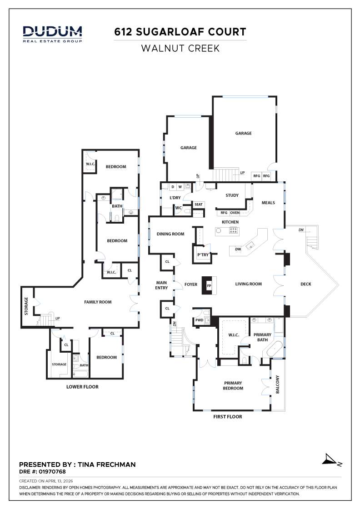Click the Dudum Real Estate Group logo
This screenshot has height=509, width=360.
pyautogui.click(x=52, y=34)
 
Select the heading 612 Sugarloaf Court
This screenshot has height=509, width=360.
pyautogui.click(x=180, y=32)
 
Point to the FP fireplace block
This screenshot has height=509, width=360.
pyautogui.click(x=209, y=285)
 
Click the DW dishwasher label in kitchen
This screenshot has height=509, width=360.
pyautogui.click(x=238, y=249)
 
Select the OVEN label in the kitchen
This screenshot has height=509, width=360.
pyautogui.click(x=235, y=213)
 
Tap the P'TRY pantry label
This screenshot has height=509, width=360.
pyautogui.click(x=203, y=255)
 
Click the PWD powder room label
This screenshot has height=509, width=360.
pyautogui.click(x=199, y=320)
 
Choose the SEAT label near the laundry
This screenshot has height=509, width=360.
pyautogui.click(x=199, y=205)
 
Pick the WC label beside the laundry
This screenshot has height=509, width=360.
pyautogui.click(x=179, y=208)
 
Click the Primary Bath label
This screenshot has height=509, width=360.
pyautogui.click(x=262, y=337)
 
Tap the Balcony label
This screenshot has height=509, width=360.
pyautogui.click(x=277, y=384)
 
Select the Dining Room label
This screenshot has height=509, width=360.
pyautogui.click(x=170, y=234)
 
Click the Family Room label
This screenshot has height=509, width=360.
pyautogui.click(x=98, y=302)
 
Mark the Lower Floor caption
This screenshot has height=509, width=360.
pyautogui.click(x=82, y=387)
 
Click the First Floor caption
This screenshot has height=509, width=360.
pyautogui.click(x=228, y=416)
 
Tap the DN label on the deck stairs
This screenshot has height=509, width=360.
pyautogui.click(x=301, y=230)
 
